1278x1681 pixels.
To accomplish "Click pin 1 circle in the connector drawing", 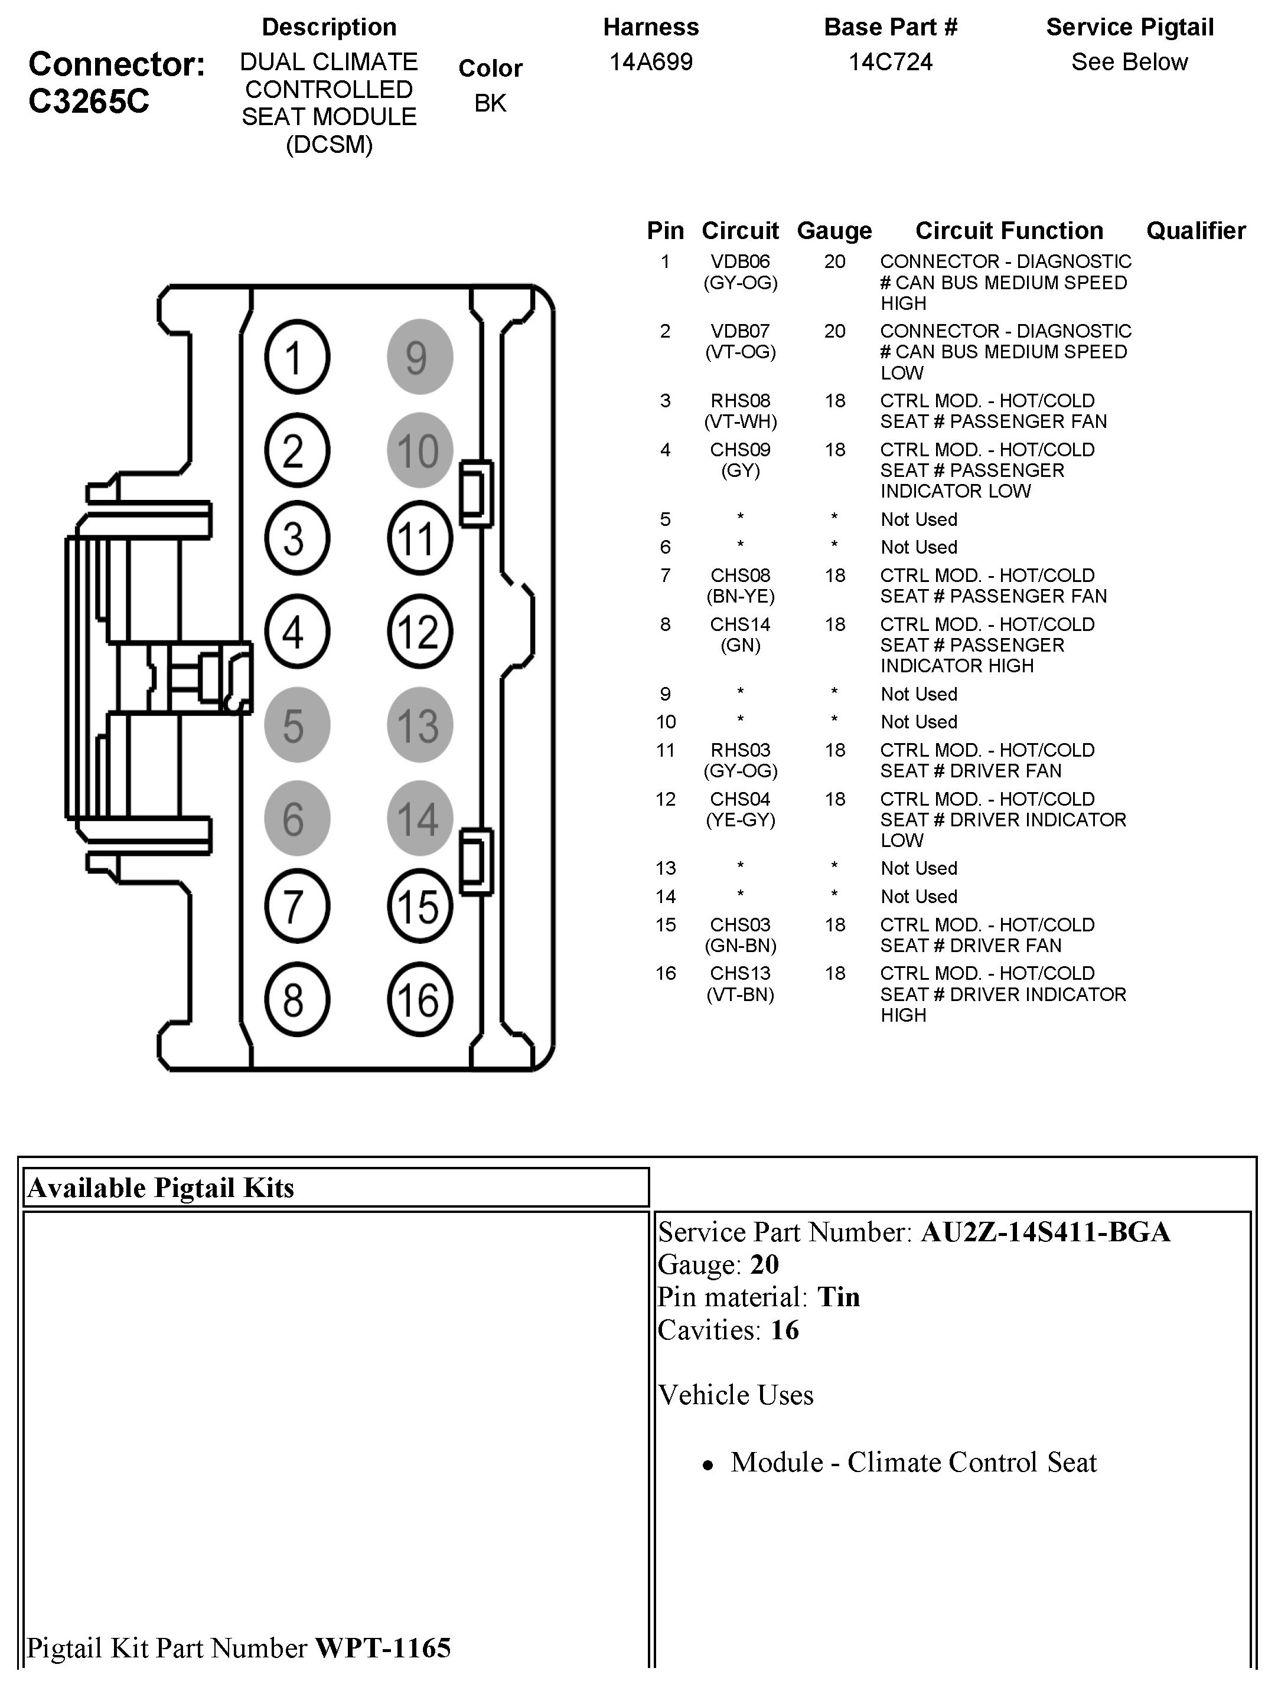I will [296, 357].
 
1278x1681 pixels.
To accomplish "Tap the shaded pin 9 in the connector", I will [419, 357].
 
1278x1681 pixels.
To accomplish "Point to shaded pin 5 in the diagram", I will [296, 725].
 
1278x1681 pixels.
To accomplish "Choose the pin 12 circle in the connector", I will [419, 632].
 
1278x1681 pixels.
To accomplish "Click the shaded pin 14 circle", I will [419, 818].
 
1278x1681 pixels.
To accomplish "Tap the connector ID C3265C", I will [89, 101].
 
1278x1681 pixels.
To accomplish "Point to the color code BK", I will [490, 103].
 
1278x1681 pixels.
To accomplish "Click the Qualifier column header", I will [1195, 230].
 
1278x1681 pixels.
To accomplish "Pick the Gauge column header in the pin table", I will [834, 230].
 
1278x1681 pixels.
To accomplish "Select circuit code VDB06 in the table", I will [740, 261].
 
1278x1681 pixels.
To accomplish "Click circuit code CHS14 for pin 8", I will [740, 624].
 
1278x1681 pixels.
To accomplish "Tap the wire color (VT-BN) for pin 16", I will [740, 995].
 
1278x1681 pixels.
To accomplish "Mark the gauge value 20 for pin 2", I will [834, 332].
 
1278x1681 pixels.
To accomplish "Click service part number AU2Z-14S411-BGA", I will [1045, 1232].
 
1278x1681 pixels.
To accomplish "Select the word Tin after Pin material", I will [838, 1296].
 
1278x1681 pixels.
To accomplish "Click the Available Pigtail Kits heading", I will [161, 1188].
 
